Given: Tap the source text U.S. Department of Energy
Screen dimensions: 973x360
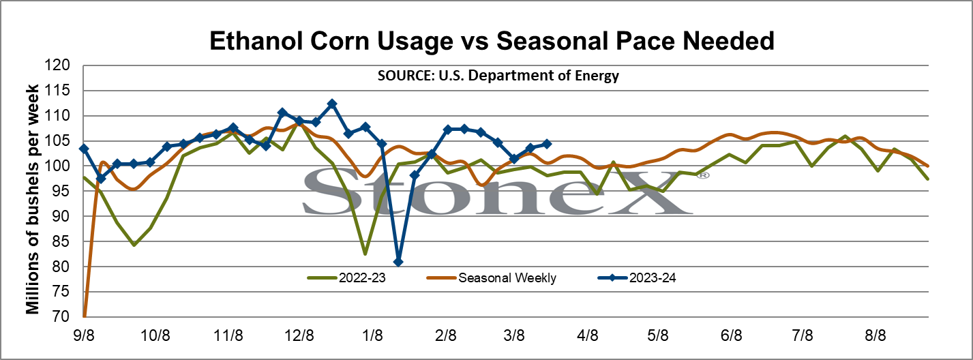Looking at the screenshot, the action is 528,76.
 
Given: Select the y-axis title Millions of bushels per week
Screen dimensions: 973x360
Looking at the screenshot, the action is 33,199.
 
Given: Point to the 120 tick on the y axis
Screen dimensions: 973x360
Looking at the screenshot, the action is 57,65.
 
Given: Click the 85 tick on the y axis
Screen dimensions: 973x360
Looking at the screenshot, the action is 61,241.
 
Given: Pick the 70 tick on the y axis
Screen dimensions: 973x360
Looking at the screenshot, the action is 61,316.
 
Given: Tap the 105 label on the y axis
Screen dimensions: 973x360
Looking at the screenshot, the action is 57,140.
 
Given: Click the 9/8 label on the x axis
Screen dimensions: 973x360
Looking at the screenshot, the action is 84,335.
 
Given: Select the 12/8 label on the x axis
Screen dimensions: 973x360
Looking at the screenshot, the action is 299,335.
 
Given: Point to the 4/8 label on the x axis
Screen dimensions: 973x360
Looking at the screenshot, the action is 587,335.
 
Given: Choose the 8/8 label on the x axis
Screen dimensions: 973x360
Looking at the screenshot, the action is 875,335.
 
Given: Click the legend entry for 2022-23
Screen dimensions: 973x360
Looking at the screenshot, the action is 346,278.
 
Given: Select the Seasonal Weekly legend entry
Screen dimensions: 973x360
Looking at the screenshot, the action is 492,278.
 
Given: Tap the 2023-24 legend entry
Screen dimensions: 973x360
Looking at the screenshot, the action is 637,278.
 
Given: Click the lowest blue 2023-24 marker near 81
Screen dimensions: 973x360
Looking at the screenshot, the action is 398,262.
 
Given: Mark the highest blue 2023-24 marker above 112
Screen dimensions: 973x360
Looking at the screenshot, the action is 332,104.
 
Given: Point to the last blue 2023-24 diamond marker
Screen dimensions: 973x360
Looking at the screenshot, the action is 547,144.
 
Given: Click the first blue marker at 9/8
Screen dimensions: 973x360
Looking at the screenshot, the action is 85,149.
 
